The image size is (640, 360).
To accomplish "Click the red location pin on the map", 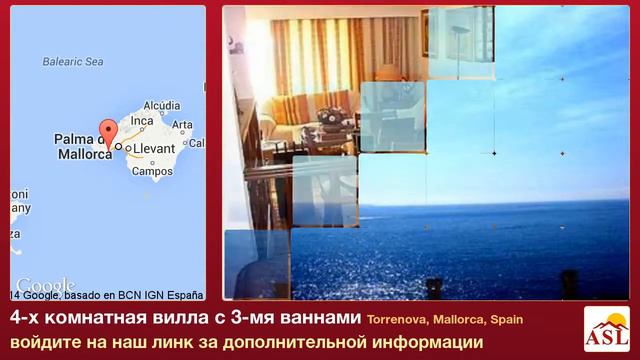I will coord(108,134).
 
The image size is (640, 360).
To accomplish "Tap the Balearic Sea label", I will coord(72,62).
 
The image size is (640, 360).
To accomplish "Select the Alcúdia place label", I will coord(161,105).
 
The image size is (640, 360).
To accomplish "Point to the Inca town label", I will coord(142,120).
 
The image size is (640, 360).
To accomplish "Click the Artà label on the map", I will coord(182,125).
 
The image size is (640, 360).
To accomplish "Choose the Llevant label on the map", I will coord(155,148).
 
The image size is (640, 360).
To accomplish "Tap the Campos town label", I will coord(152,171).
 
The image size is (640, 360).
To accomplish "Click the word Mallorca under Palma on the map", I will coord(82,155).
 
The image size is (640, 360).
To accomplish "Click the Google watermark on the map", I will coord(45,284).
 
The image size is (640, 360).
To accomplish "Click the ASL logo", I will coord(606,330).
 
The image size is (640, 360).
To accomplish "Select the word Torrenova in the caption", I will coord(397,319).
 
